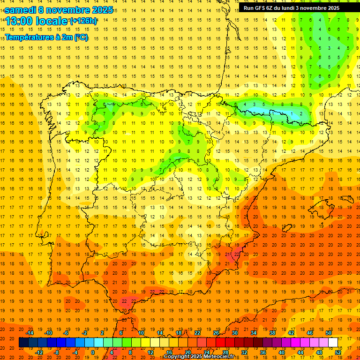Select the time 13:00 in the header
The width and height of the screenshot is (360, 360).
tap(19, 21)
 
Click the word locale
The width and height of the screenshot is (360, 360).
tap(51, 21)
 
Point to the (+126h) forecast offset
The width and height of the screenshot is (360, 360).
tap(83, 21)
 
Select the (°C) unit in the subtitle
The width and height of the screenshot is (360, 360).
tap(80, 37)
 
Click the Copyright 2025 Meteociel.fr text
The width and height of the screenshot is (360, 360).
tap(198, 357)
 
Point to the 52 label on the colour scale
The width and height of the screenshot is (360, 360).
tap(338, 352)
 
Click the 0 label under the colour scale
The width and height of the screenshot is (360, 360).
tap(93, 352)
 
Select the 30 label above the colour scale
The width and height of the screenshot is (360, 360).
tap(235, 333)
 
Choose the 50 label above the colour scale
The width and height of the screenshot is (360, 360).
tap(329, 333)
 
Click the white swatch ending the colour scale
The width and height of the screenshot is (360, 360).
tap(333, 342)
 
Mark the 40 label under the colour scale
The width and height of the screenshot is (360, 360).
tap(282, 352)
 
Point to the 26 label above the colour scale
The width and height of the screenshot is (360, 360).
tap(216, 333)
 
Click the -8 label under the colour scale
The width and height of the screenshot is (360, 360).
tap(57, 352)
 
